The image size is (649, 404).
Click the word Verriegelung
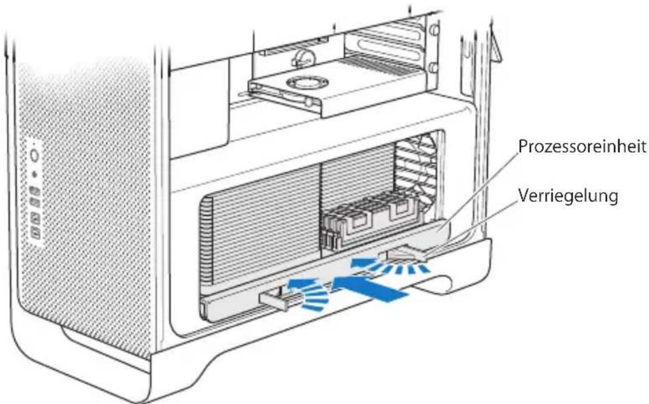568,196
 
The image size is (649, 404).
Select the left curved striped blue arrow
309,293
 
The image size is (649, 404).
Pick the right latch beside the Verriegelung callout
407,253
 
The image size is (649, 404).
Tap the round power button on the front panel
35,156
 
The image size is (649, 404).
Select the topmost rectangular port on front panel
35,191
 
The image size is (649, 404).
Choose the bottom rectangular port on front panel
36,234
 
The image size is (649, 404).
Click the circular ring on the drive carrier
308,83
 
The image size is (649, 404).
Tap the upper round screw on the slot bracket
434,29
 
